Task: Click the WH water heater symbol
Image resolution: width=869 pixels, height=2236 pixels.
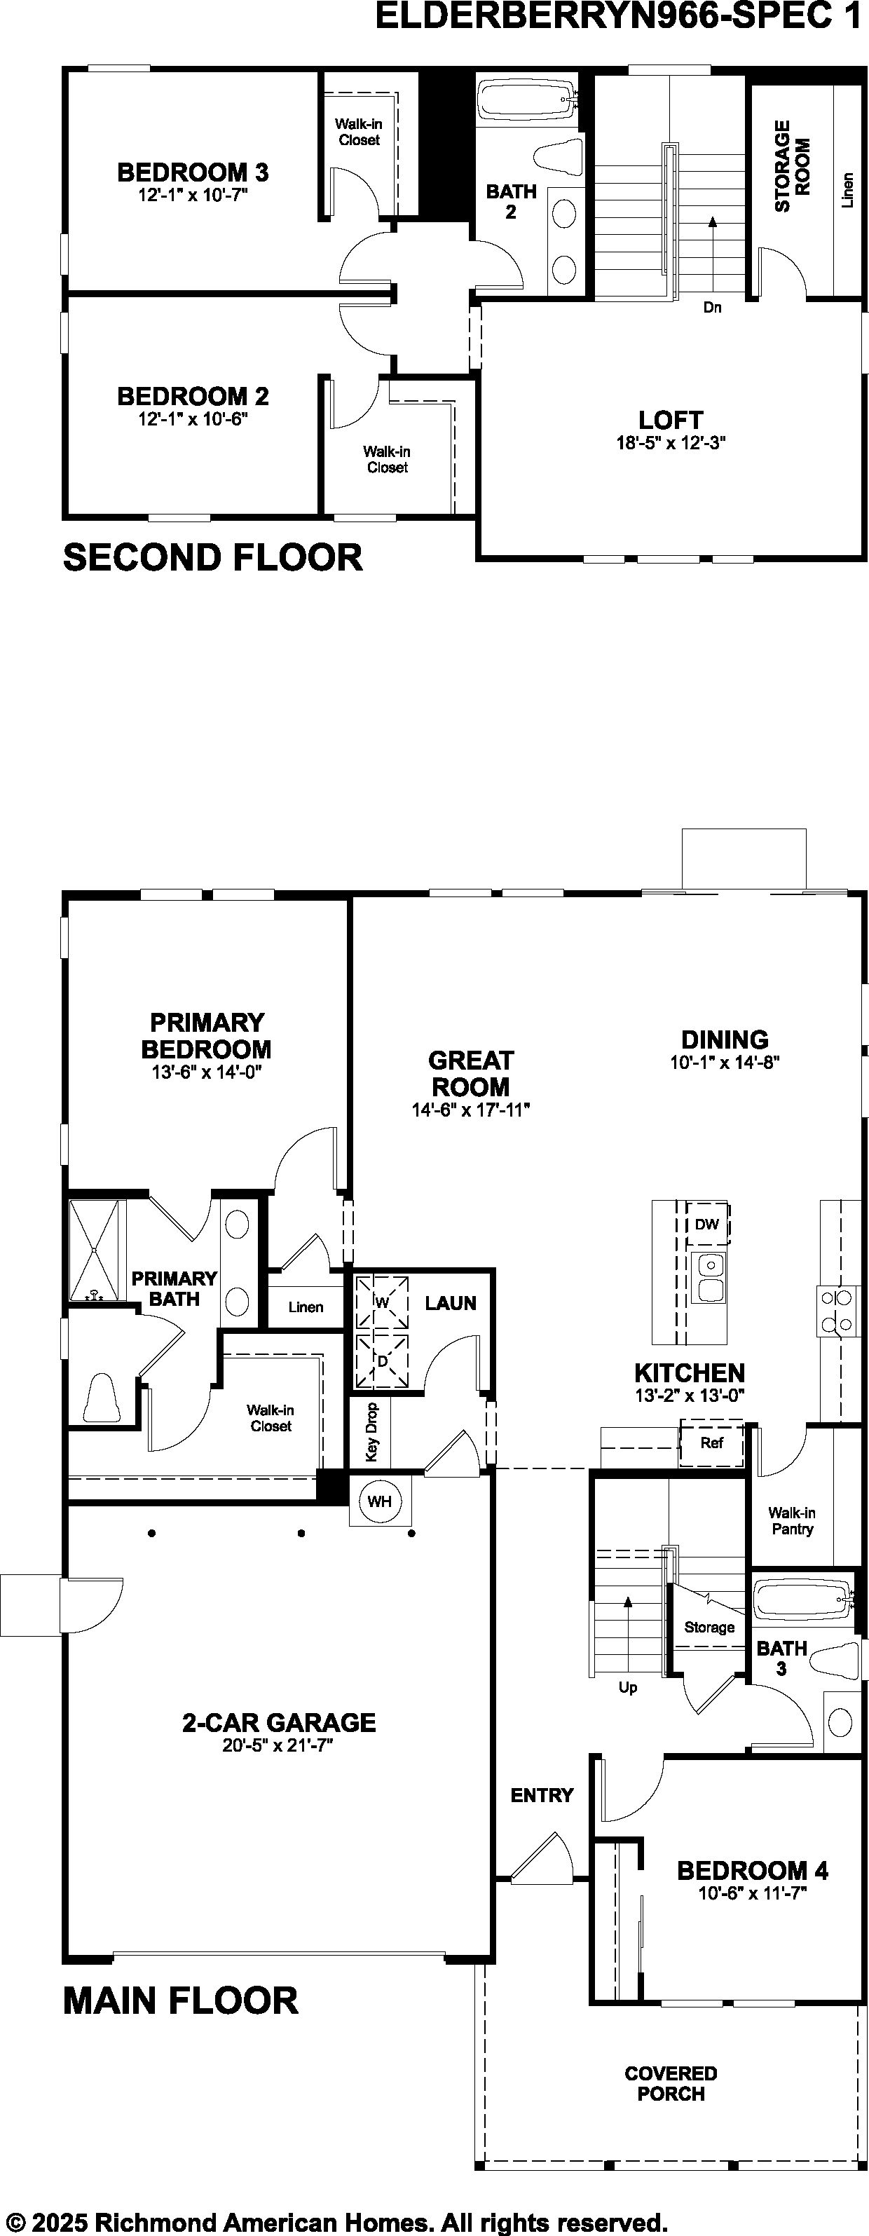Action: click(379, 1501)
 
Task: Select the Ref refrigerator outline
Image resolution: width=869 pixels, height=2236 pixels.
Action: click(712, 1443)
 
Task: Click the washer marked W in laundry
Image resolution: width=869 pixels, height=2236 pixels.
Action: click(381, 1301)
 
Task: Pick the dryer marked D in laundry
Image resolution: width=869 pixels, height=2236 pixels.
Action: click(381, 1361)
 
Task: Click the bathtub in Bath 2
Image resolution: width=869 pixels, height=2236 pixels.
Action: click(526, 101)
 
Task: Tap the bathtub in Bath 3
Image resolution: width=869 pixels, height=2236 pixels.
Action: click(803, 1599)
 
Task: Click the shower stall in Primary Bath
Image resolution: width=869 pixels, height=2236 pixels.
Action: click(98, 1250)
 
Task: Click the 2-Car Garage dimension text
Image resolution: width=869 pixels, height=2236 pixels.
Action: click(278, 1745)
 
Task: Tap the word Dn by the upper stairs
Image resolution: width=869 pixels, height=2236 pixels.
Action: click(712, 307)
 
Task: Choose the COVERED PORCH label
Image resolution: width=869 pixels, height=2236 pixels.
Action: click(671, 2083)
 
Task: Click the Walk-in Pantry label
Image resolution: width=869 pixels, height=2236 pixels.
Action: click(792, 1521)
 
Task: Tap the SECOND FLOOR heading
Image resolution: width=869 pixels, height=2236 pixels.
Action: click(212, 557)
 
